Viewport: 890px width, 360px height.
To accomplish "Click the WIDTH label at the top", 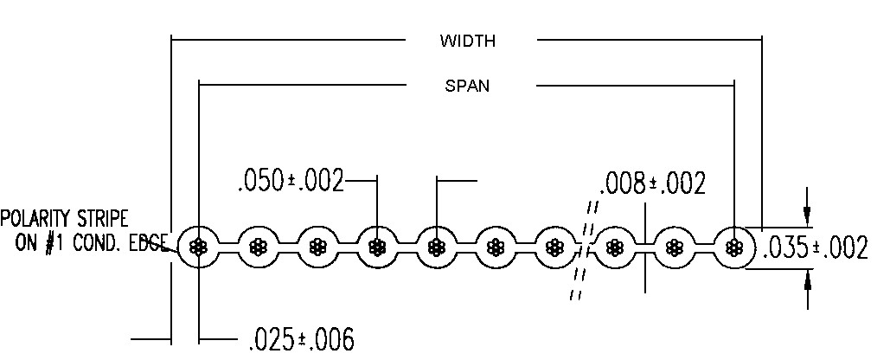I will [467, 41].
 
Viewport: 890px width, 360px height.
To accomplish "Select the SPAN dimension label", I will [467, 86].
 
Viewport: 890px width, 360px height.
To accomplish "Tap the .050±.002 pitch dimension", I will [290, 182].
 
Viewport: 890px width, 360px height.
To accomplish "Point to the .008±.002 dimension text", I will [653, 183].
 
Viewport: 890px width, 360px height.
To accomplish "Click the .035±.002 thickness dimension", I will [815, 248].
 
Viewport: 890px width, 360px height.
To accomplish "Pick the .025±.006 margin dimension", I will [301, 339].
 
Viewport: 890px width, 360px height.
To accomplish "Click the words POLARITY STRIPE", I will [65, 217].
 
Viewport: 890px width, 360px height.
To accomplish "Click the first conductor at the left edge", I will [199, 247].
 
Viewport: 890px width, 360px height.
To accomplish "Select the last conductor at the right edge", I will [734, 247].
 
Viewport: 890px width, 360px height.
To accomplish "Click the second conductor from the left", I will [258, 247].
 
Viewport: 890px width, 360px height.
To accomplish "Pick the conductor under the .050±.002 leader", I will [377, 247].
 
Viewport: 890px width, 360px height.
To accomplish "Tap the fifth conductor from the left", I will [438, 247].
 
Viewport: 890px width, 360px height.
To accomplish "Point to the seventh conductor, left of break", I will [554, 247].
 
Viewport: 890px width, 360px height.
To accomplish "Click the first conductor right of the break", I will [614, 247].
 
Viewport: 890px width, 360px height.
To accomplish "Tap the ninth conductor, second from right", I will [674, 247].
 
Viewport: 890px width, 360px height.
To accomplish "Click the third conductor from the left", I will [317, 247].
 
